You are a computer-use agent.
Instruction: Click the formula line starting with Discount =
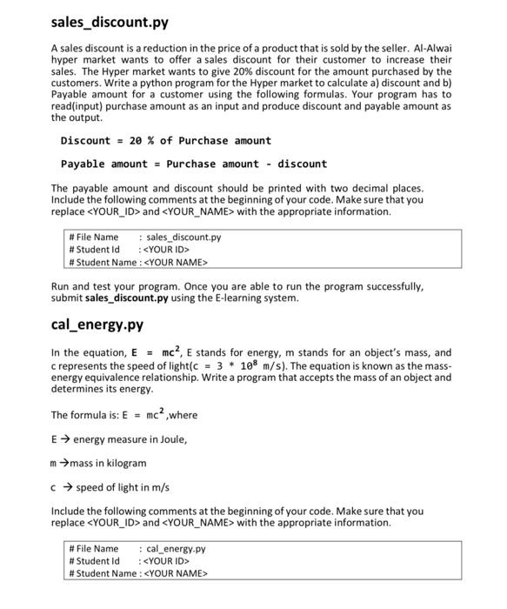click(x=165, y=141)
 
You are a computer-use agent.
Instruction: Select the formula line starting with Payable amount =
click(x=193, y=164)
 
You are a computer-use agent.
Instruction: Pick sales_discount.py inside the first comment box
click(x=183, y=237)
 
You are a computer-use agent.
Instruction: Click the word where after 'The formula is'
click(x=183, y=415)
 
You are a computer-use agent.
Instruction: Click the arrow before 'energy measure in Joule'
click(x=64, y=439)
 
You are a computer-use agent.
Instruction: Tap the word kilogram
click(x=123, y=463)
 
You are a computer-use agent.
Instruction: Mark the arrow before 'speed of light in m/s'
click(x=67, y=487)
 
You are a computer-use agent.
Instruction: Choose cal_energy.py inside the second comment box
click(x=176, y=549)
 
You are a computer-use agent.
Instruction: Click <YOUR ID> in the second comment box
click(x=165, y=561)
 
